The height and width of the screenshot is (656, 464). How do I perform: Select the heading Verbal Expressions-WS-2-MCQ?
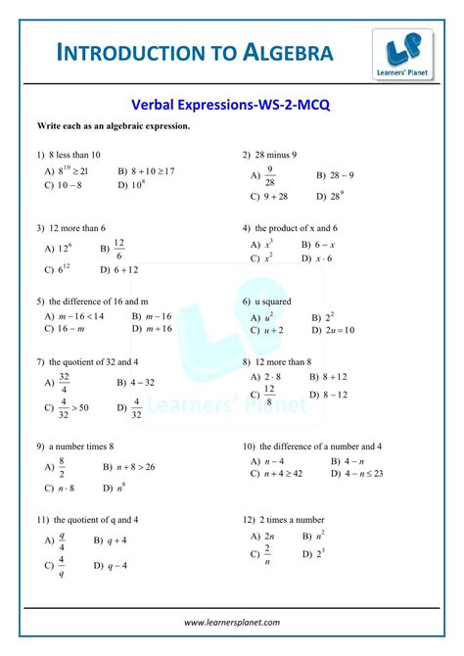[231, 104]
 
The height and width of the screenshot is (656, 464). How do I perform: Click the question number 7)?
[40, 361]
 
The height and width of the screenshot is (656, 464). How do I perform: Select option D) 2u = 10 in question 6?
[333, 330]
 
